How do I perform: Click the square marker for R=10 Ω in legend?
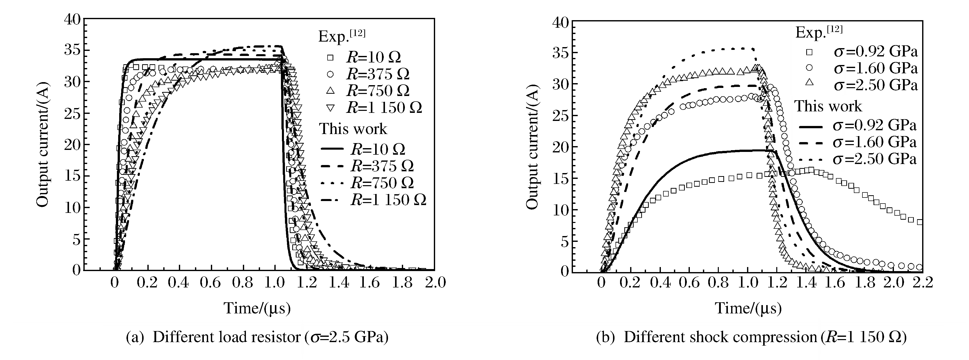(x=330, y=57)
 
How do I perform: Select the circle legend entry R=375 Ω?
(x=330, y=74)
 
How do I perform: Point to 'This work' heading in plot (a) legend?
(x=353, y=129)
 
